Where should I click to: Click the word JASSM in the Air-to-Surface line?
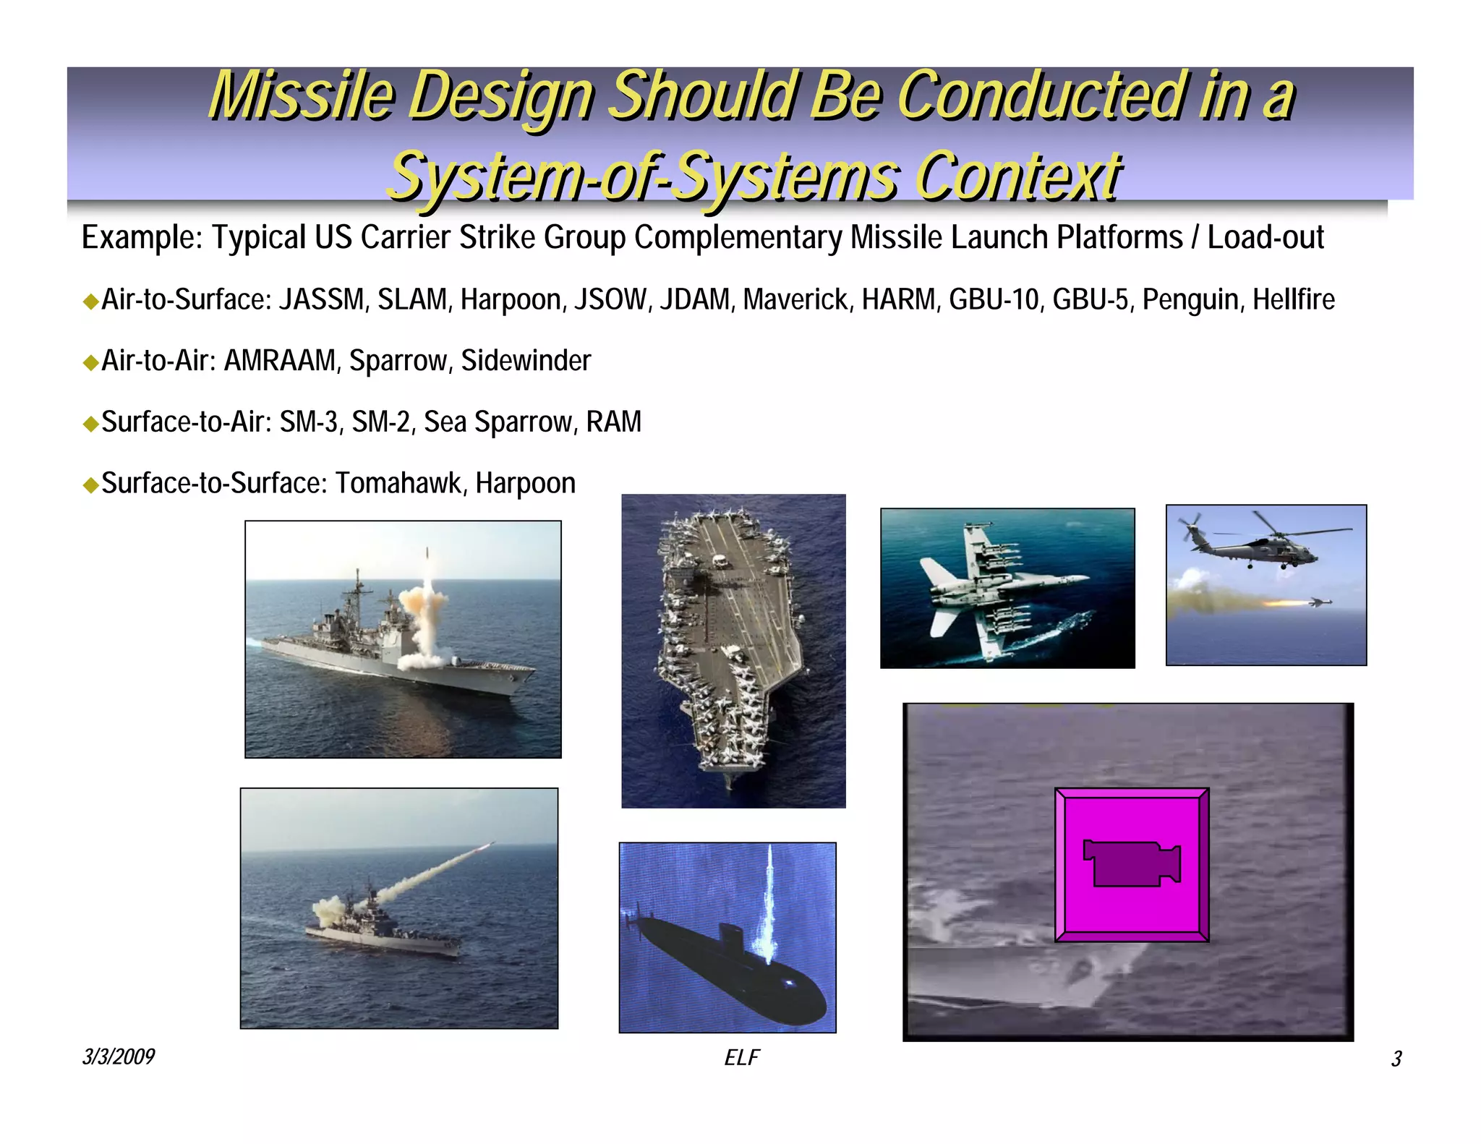click(322, 299)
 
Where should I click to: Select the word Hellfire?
click(1293, 299)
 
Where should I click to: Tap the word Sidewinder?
click(526, 361)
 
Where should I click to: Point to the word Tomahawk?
click(398, 483)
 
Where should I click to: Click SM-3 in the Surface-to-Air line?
click(309, 422)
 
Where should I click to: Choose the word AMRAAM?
click(281, 361)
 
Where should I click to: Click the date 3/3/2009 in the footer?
click(118, 1057)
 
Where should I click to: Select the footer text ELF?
click(741, 1058)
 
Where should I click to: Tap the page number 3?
click(1396, 1059)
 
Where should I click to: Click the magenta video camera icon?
click(1132, 864)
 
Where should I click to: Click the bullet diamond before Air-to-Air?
click(90, 362)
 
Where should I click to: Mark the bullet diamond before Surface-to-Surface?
click(90, 485)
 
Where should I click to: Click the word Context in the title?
click(1018, 176)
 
